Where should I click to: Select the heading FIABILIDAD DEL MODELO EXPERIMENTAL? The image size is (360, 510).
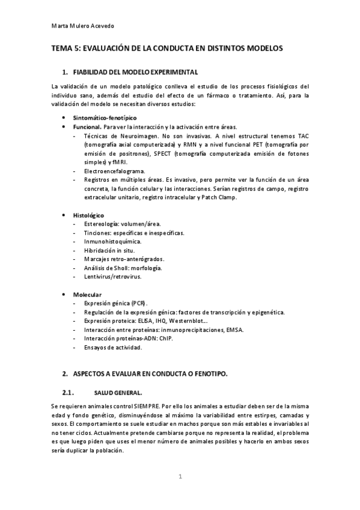click(x=135, y=72)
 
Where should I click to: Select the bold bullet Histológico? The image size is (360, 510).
click(x=88, y=215)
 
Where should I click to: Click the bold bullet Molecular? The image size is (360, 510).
click(x=87, y=294)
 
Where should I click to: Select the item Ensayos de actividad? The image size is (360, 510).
click(x=113, y=347)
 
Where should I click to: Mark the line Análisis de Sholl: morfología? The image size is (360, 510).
click(x=123, y=268)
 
